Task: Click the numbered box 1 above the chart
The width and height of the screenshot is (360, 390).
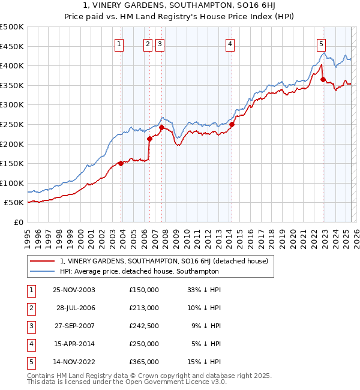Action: [x=119, y=43]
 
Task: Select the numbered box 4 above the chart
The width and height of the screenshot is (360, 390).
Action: [x=230, y=43]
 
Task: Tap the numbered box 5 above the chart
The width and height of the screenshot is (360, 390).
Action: [x=322, y=43]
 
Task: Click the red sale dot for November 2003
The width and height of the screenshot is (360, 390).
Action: [x=121, y=163]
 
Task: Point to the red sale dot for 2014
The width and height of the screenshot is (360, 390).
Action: [x=232, y=124]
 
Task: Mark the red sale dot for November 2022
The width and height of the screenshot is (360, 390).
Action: [x=323, y=79]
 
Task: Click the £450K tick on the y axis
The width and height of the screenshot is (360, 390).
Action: [x=12, y=46]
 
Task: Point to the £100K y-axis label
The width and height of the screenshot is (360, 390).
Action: [x=12, y=183]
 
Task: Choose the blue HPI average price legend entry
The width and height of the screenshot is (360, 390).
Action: [x=139, y=271]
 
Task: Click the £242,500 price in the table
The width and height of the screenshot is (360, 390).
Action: [x=143, y=326]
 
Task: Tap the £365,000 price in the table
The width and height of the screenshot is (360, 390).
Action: [x=143, y=362]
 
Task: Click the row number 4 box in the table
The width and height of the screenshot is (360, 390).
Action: [x=31, y=344]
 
